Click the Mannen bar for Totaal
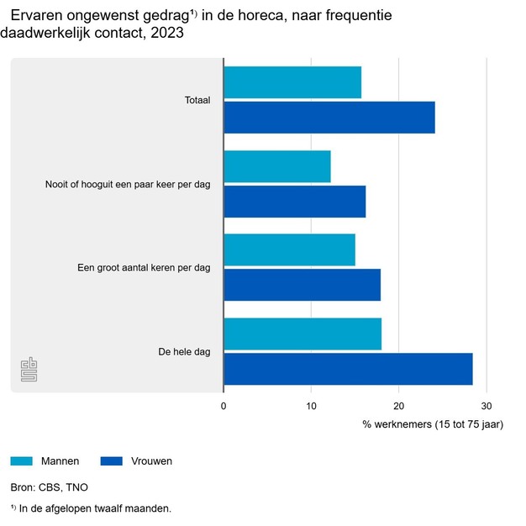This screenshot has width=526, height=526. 292,82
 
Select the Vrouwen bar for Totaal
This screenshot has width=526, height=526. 329,117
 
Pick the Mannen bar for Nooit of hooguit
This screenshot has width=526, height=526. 277,166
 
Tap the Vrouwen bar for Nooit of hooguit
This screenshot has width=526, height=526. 295,201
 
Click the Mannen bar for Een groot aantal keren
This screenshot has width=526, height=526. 290,250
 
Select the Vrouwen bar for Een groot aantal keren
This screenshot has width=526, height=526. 302,284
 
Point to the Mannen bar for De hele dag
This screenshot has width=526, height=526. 302,334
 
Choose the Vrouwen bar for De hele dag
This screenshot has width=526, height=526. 348,369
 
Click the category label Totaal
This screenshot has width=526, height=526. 197,100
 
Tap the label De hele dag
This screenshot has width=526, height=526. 184,351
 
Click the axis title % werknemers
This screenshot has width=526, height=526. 432,424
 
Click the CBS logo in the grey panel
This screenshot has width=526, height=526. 29,370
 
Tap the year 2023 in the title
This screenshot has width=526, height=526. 160,34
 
